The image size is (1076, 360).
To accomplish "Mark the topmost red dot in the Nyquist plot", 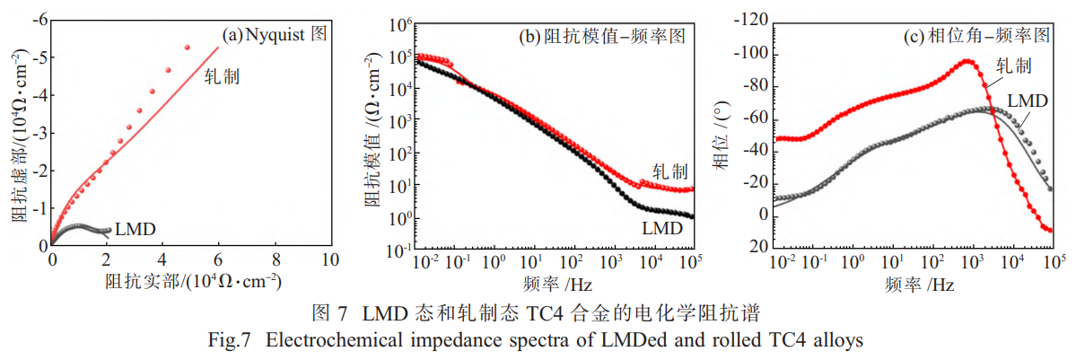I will [188, 48].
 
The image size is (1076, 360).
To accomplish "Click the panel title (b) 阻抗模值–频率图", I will [603, 37].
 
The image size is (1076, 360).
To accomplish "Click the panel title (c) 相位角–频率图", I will [976, 36].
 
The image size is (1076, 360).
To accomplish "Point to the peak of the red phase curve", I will [967, 61].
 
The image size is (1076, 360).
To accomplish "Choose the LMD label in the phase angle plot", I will [1027, 100].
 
